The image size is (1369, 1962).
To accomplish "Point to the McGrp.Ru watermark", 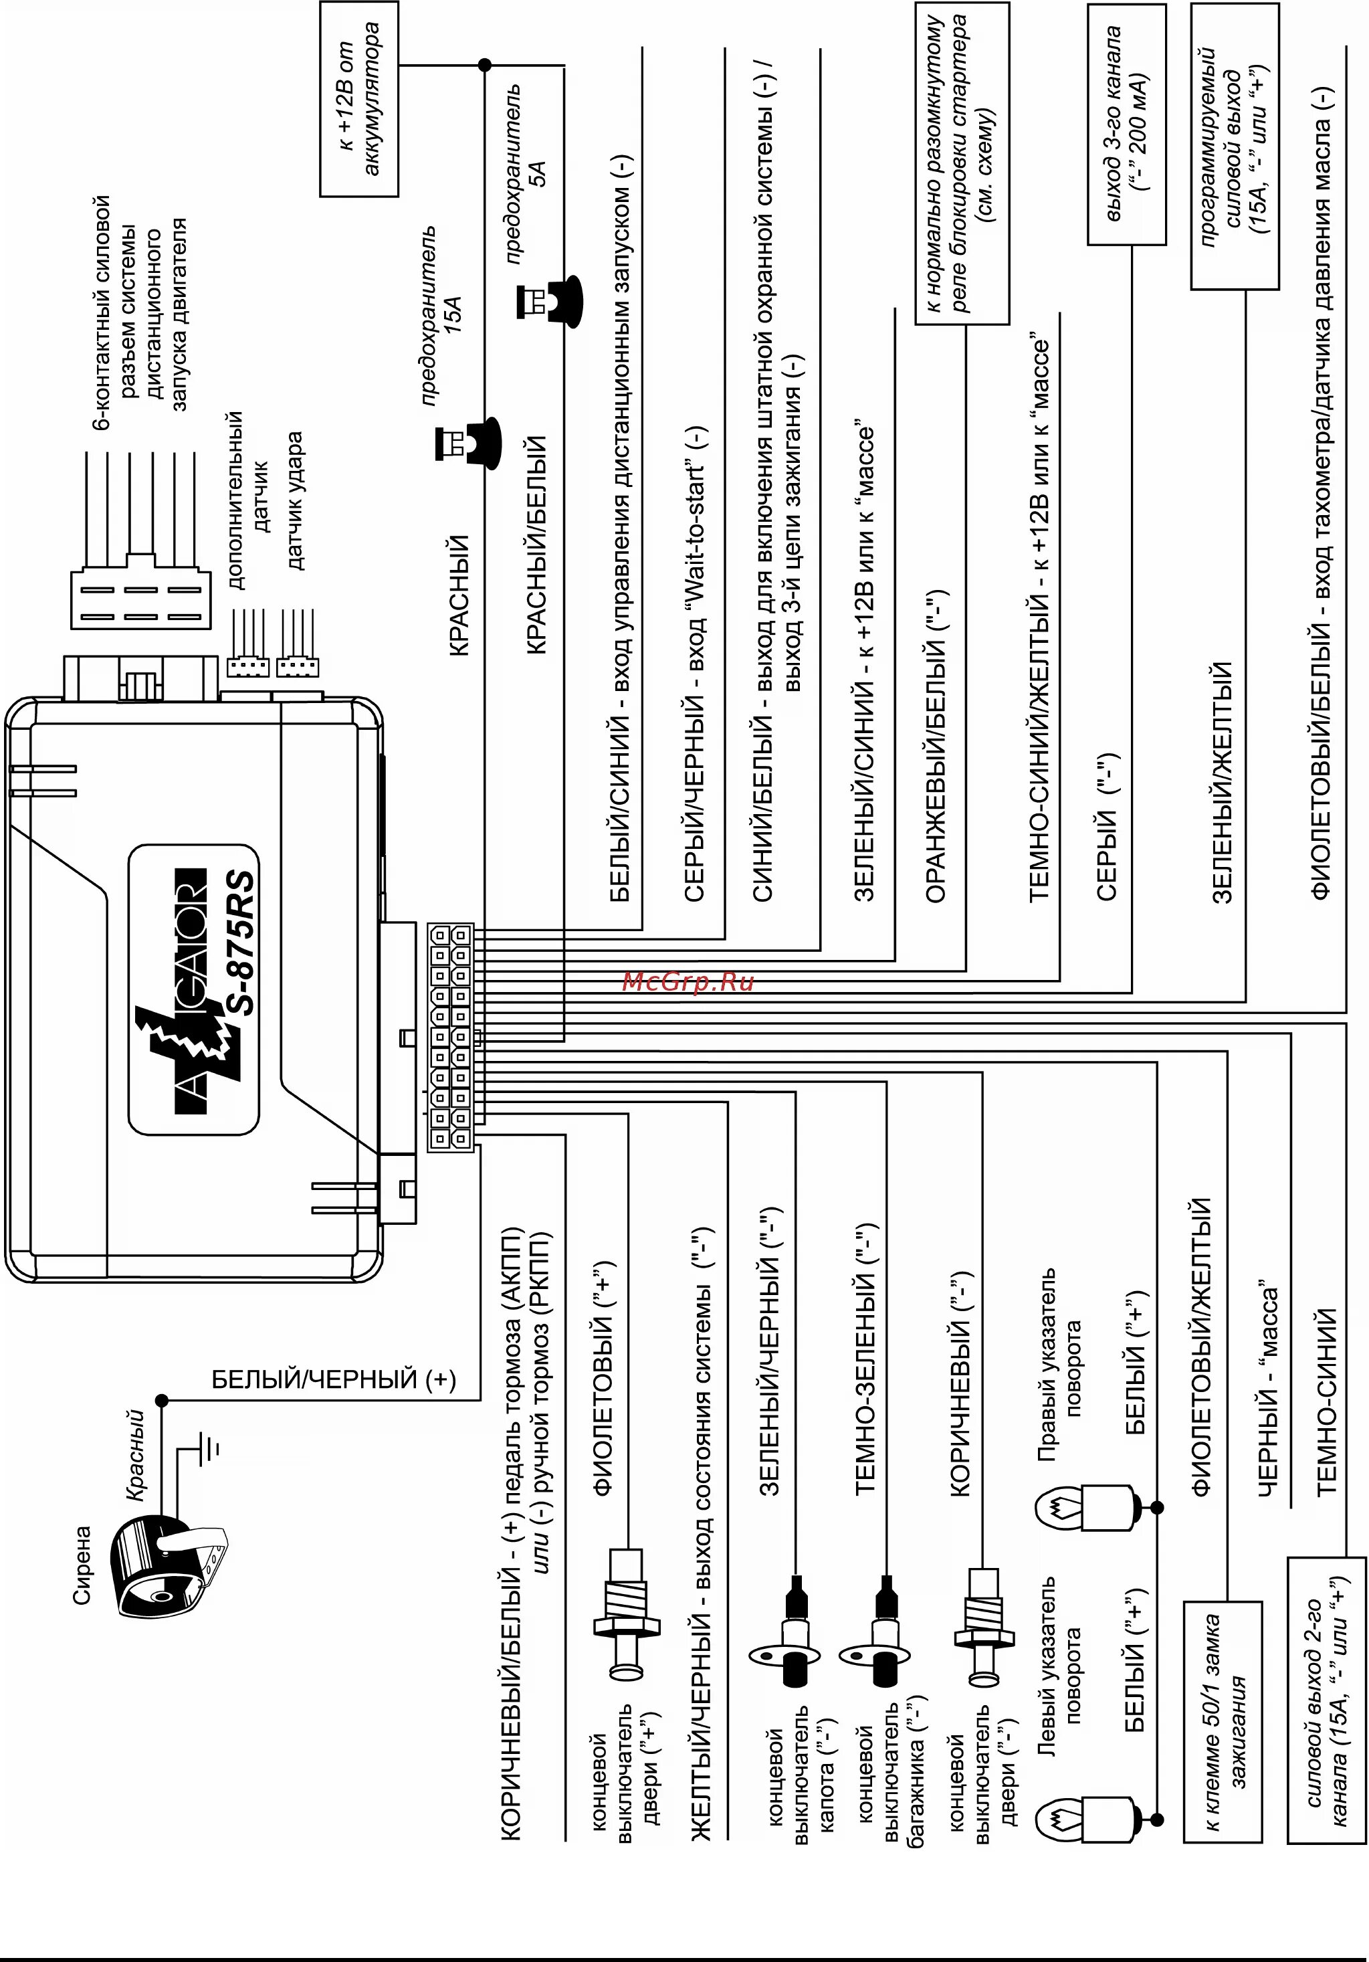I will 688,982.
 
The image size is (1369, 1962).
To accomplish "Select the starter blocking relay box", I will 962,163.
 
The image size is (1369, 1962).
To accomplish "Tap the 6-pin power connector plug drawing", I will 139,589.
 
